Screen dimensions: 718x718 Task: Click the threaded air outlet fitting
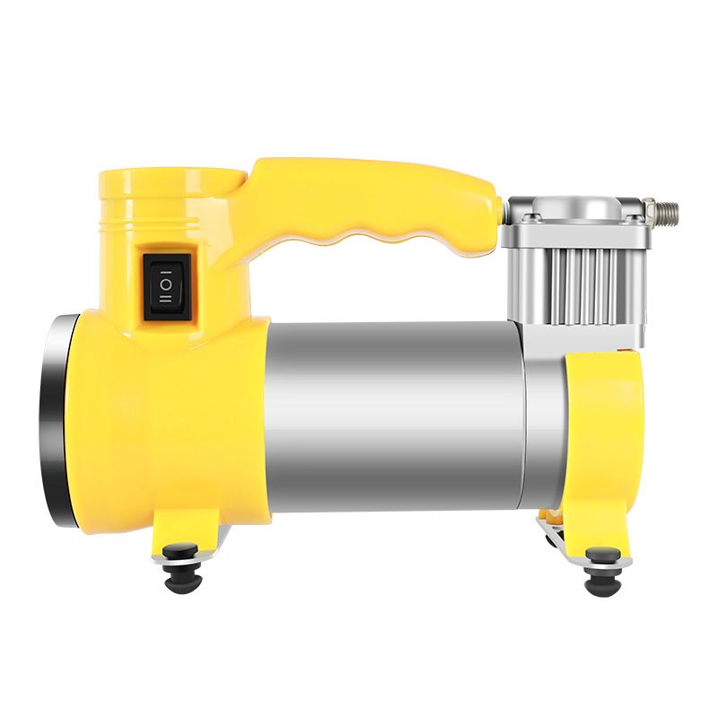pyautogui.click(x=665, y=214)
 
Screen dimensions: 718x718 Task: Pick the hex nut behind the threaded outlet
pyautogui.click(x=648, y=214)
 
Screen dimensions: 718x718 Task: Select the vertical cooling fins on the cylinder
pyautogui.click(x=574, y=278)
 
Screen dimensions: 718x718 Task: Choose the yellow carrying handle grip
pyautogui.click(x=377, y=193)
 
